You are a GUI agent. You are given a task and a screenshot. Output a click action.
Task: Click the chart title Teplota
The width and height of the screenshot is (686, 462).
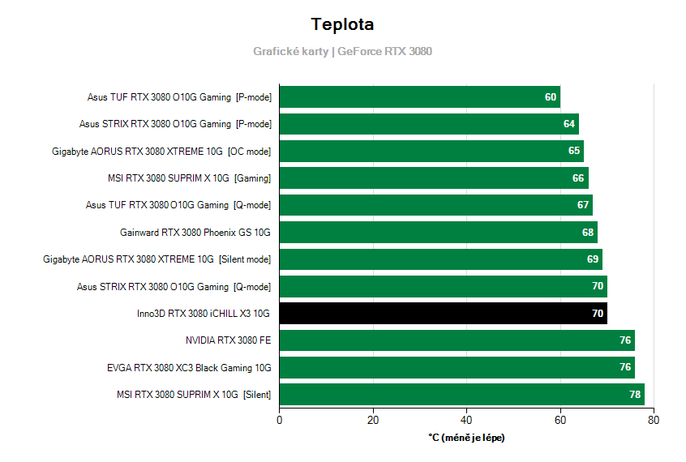point(342,24)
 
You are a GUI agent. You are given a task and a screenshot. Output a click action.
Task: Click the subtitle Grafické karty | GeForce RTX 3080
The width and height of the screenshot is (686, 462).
point(342,51)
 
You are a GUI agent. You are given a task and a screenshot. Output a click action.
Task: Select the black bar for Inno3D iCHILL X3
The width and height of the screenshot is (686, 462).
point(443,314)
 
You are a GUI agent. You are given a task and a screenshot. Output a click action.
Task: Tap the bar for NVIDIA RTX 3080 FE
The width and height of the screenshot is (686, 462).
point(457,340)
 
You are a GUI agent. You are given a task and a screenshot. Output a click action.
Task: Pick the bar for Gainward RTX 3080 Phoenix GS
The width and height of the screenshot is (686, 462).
point(438,233)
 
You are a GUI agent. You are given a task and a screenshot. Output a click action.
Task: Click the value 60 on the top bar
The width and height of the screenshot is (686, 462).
point(551,97)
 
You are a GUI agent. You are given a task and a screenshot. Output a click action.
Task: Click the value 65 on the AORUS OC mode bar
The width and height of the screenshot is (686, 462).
point(574,151)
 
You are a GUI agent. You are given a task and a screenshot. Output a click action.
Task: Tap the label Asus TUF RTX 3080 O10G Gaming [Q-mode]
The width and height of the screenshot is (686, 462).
point(178,205)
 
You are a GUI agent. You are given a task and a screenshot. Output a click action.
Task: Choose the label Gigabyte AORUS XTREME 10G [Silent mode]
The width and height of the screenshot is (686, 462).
point(157,259)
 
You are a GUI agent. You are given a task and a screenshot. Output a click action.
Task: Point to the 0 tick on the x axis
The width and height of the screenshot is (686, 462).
point(280,420)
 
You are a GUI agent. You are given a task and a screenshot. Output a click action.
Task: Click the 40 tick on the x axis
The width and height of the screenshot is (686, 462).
point(466,420)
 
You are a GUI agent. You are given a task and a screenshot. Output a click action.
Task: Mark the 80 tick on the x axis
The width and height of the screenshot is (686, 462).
point(654,420)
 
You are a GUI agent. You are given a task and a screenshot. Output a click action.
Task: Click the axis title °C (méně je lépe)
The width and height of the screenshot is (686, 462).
point(466,438)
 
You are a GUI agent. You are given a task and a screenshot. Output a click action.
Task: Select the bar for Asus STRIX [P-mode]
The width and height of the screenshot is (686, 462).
point(429,124)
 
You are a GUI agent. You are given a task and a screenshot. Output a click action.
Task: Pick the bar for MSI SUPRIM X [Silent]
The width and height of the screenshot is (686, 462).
point(461,395)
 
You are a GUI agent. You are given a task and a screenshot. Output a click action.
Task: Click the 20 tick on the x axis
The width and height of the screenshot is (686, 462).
point(373,420)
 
